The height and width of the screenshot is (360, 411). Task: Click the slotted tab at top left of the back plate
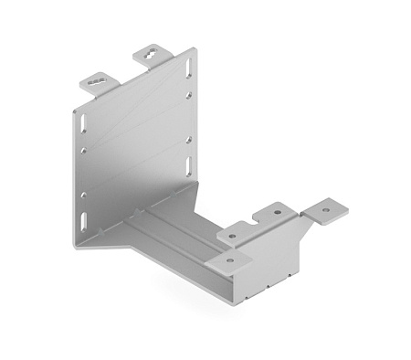pos(100,82)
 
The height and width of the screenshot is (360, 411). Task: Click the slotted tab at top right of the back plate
pos(153,56)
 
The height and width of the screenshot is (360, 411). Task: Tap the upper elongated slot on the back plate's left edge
pos(79,122)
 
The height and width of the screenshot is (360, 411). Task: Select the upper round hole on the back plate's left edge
pos(82,150)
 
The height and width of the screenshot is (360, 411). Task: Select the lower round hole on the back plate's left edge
pos(83,194)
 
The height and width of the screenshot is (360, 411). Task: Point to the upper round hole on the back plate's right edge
pos(189,95)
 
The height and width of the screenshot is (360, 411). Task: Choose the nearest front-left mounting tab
pos(229,262)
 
